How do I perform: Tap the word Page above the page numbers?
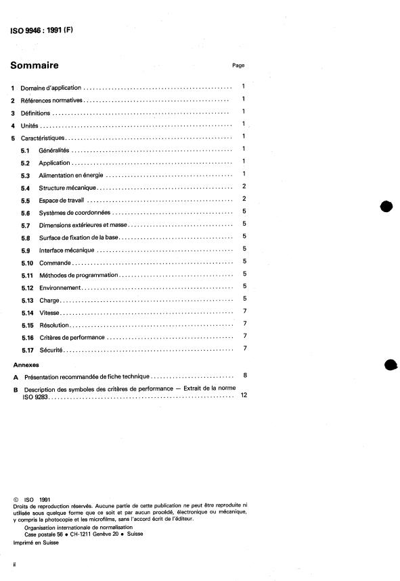tap(238, 66)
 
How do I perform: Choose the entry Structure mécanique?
tap(68, 186)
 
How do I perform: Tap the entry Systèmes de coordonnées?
tap(74, 212)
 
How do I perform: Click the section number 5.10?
tap(27, 261)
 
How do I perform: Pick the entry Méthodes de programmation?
tap(79, 274)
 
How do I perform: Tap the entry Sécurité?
tap(51, 349)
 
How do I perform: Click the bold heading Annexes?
tap(26, 364)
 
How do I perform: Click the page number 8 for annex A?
tap(244, 375)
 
